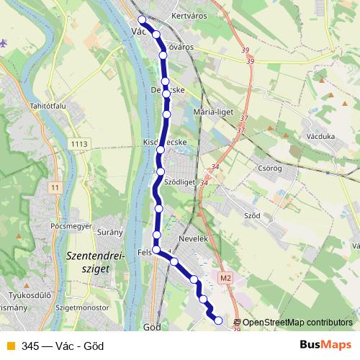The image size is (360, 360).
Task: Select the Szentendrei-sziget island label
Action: pos(95,261)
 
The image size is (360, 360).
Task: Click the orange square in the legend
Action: pos(9,346)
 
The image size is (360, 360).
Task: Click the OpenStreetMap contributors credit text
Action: pos(297,323)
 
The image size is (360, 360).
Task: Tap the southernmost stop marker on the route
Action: pos(218,320)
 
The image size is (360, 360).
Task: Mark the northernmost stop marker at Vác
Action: pos(142,19)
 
